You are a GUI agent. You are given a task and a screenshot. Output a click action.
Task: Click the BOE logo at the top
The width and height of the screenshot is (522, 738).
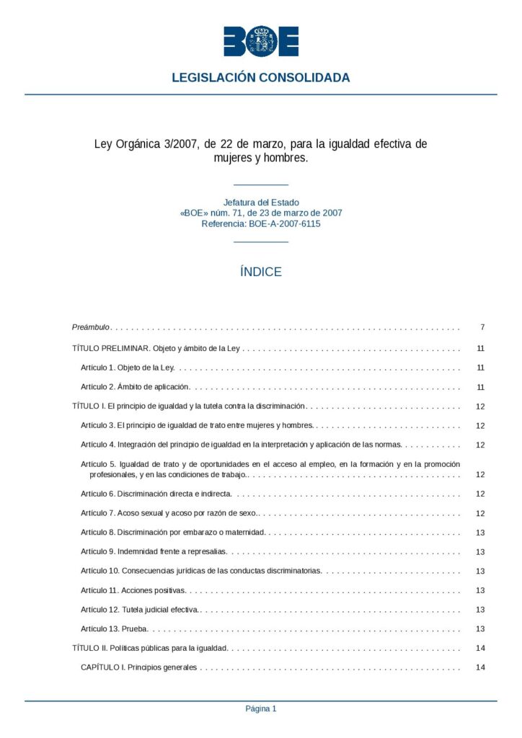pyautogui.click(x=260, y=41)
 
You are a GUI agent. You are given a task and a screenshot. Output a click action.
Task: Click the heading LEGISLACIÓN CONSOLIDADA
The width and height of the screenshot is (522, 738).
pyautogui.click(x=260, y=78)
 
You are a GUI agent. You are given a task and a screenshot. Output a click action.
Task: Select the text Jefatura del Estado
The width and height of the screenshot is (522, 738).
pyautogui.click(x=260, y=203)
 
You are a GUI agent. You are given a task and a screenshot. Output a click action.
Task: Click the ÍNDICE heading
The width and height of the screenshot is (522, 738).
pyautogui.click(x=260, y=272)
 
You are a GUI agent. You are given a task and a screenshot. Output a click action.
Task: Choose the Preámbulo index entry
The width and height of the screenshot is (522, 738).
pyautogui.click(x=91, y=327)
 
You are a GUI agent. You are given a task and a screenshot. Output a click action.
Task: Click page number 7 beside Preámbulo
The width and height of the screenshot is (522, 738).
pyautogui.click(x=482, y=327)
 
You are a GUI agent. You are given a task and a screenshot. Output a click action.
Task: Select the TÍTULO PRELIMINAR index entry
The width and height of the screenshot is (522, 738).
pyautogui.click(x=156, y=348)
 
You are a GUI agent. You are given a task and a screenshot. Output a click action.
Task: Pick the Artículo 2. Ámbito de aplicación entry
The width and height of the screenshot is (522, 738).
pyautogui.click(x=135, y=387)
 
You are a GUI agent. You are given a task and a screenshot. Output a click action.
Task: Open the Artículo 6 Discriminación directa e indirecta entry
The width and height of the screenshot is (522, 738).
pyautogui.click(x=156, y=494)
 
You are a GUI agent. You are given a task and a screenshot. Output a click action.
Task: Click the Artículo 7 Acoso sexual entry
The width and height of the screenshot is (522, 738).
pyautogui.click(x=170, y=513)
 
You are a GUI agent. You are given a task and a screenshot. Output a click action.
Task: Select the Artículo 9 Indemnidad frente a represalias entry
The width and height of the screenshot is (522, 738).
pyautogui.click(x=154, y=552)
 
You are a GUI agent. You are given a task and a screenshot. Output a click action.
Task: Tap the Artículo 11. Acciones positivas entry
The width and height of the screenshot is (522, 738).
pyautogui.click(x=133, y=590)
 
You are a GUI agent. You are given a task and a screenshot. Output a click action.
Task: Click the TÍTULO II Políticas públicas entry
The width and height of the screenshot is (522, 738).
pyautogui.click(x=150, y=648)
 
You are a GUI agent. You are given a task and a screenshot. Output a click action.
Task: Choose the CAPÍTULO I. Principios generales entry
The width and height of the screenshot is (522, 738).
pyautogui.click(x=138, y=667)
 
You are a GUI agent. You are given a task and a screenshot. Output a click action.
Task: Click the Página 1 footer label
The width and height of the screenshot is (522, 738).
pyautogui.click(x=260, y=708)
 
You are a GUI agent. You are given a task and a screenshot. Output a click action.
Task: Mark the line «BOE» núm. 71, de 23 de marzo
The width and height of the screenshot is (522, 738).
pyautogui.click(x=260, y=213)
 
